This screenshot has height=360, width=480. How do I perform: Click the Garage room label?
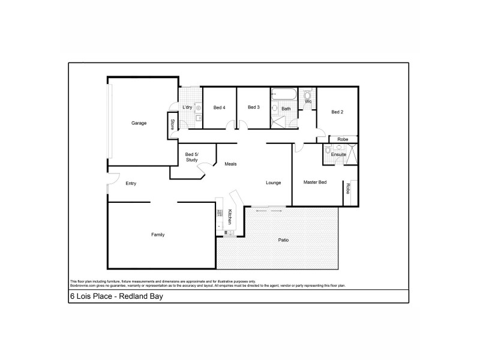click(139, 123)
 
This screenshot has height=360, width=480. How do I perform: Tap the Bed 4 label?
click(220, 107)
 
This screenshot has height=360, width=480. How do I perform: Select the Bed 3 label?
click(254, 107)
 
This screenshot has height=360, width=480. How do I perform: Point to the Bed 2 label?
click(337, 112)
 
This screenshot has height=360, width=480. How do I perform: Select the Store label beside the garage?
click(173, 125)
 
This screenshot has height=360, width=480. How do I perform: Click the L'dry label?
click(187, 107)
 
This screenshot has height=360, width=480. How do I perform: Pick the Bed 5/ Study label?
click(192, 157)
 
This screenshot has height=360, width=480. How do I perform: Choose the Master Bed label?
click(315, 182)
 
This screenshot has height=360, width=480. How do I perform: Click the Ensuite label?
click(338, 155)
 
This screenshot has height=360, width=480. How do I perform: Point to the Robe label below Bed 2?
click(342, 139)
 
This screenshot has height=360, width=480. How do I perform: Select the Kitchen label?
click(230, 217)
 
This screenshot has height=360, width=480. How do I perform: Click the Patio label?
click(283, 240)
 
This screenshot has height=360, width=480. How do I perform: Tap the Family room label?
click(158, 235)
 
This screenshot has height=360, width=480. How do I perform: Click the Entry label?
click(131, 184)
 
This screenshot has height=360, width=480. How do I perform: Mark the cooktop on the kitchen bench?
click(229, 232)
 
